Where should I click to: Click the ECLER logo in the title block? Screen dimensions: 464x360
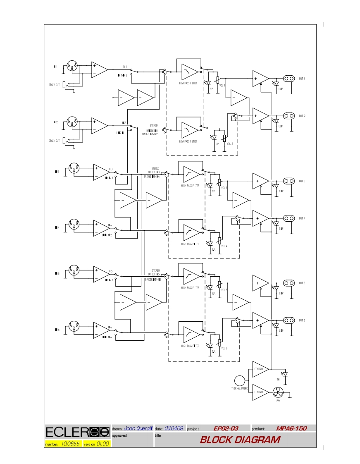(77, 432)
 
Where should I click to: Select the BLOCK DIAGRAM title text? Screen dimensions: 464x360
(240, 440)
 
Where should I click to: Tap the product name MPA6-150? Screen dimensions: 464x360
(291, 428)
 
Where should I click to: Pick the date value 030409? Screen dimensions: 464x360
(174, 428)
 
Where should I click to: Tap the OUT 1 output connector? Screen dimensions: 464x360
(288, 79)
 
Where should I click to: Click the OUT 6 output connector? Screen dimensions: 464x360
(288, 320)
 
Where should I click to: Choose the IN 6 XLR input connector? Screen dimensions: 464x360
(74, 327)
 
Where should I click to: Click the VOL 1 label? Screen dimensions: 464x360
(222, 85)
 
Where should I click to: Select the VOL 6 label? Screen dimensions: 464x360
(224, 348)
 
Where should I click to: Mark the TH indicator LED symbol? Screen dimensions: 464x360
(284, 374)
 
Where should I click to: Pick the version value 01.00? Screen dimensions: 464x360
(103, 444)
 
